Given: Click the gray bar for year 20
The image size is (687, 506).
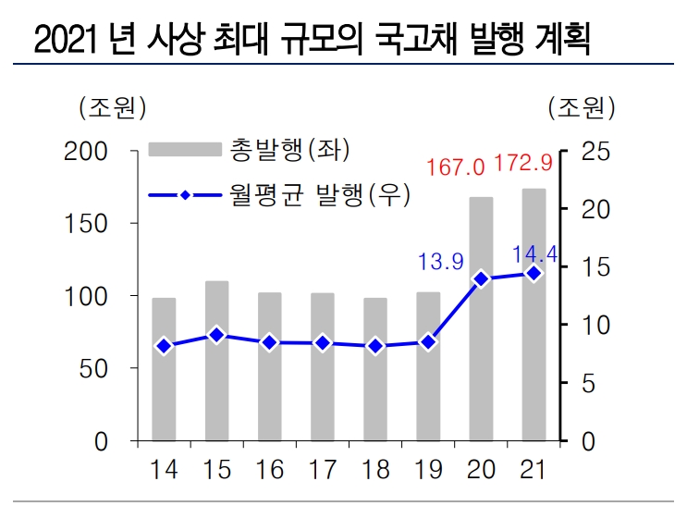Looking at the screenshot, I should [481, 319].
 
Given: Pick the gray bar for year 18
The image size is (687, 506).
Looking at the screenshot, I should [374, 369].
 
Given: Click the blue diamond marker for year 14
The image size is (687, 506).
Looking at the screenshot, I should [164, 346].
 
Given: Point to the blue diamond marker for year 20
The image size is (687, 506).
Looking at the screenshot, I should [481, 278].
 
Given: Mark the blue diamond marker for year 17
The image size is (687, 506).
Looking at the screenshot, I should [322, 343].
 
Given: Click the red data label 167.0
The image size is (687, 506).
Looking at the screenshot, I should [456, 167].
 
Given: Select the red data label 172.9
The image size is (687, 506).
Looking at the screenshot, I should [523, 164].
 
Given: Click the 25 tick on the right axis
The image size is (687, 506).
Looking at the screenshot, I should [597, 152].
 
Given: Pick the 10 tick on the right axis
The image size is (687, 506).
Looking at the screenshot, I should [597, 326].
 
